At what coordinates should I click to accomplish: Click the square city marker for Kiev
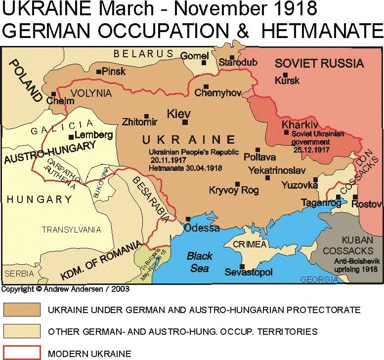tap(185, 122)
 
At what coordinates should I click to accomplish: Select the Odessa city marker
tap(188, 219)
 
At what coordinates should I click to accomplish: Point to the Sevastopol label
tap(248, 272)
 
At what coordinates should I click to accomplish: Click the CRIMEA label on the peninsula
tap(250, 244)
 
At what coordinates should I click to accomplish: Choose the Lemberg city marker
tap(72, 137)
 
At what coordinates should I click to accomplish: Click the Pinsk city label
tap(115, 72)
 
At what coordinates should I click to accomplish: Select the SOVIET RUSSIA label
tap(319, 63)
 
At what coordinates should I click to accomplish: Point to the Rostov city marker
tap(355, 198)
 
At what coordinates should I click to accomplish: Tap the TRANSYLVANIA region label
tap(71, 230)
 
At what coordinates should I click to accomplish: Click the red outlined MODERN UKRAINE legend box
tap(21, 353)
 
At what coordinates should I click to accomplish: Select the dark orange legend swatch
tap(21, 310)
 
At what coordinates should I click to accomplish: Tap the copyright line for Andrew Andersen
tap(65, 289)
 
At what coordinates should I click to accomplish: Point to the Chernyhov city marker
tap(206, 86)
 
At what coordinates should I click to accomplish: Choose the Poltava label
tap(259, 158)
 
